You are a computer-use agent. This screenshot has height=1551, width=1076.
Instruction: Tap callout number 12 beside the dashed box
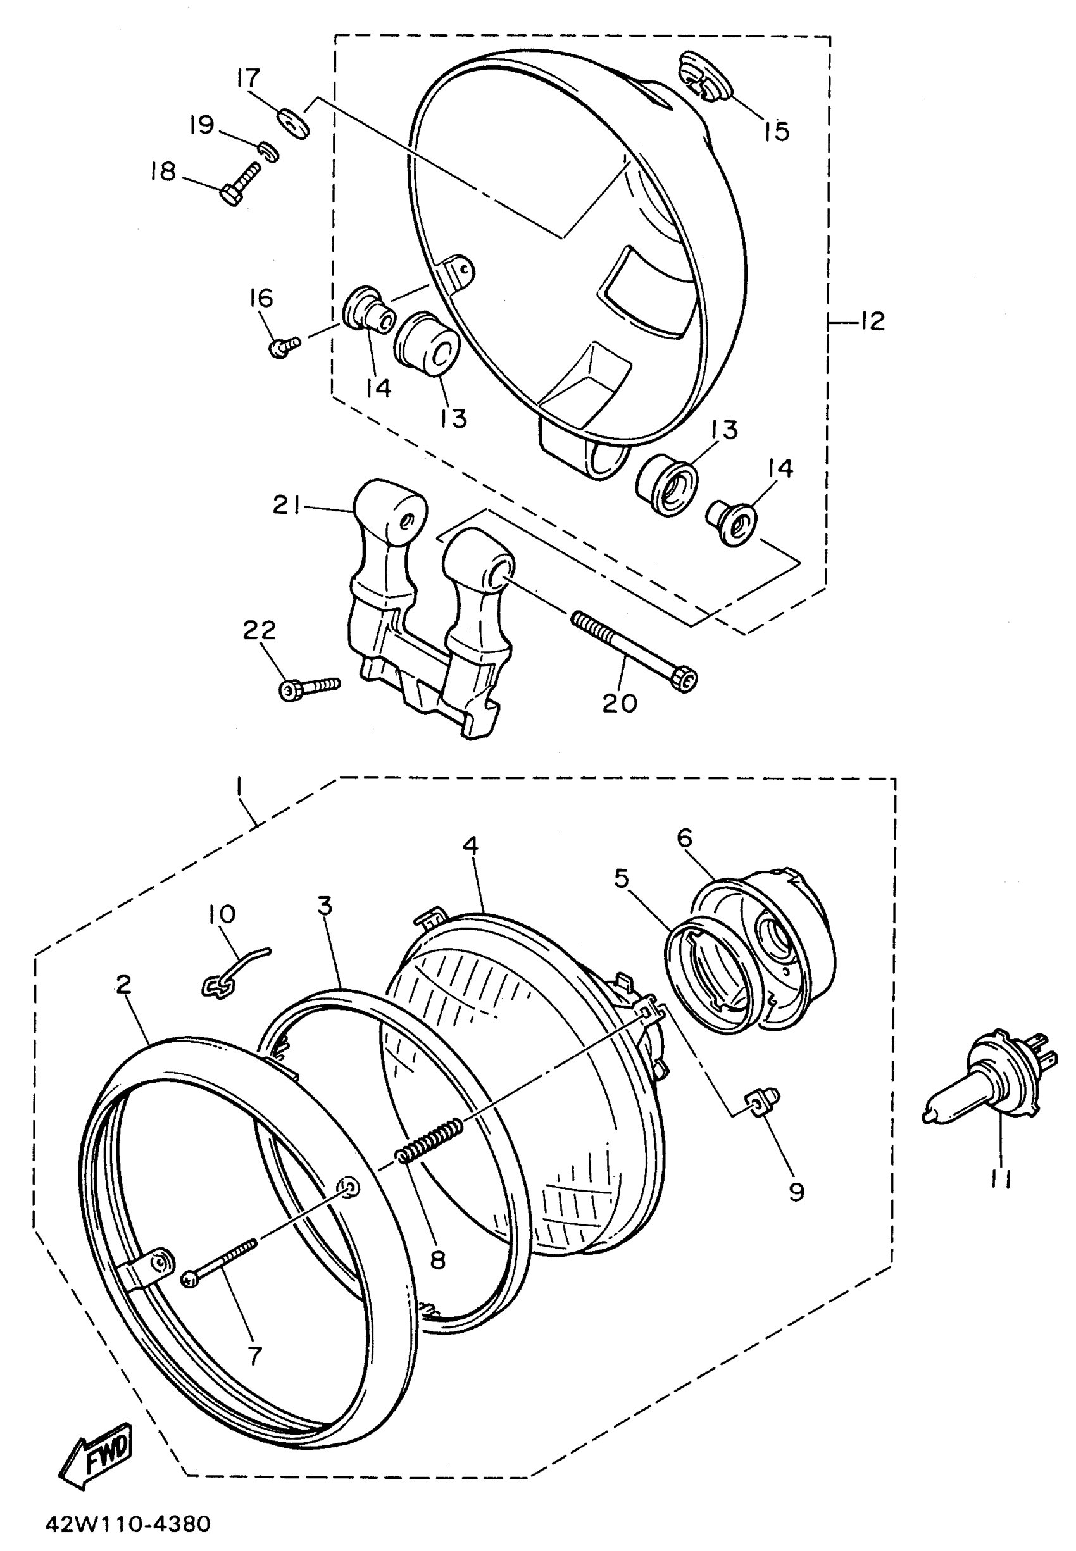click(x=872, y=321)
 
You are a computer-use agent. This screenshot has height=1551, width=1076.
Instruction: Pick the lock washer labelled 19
click(x=268, y=151)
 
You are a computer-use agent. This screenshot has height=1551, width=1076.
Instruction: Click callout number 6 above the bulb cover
click(x=685, y=838)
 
